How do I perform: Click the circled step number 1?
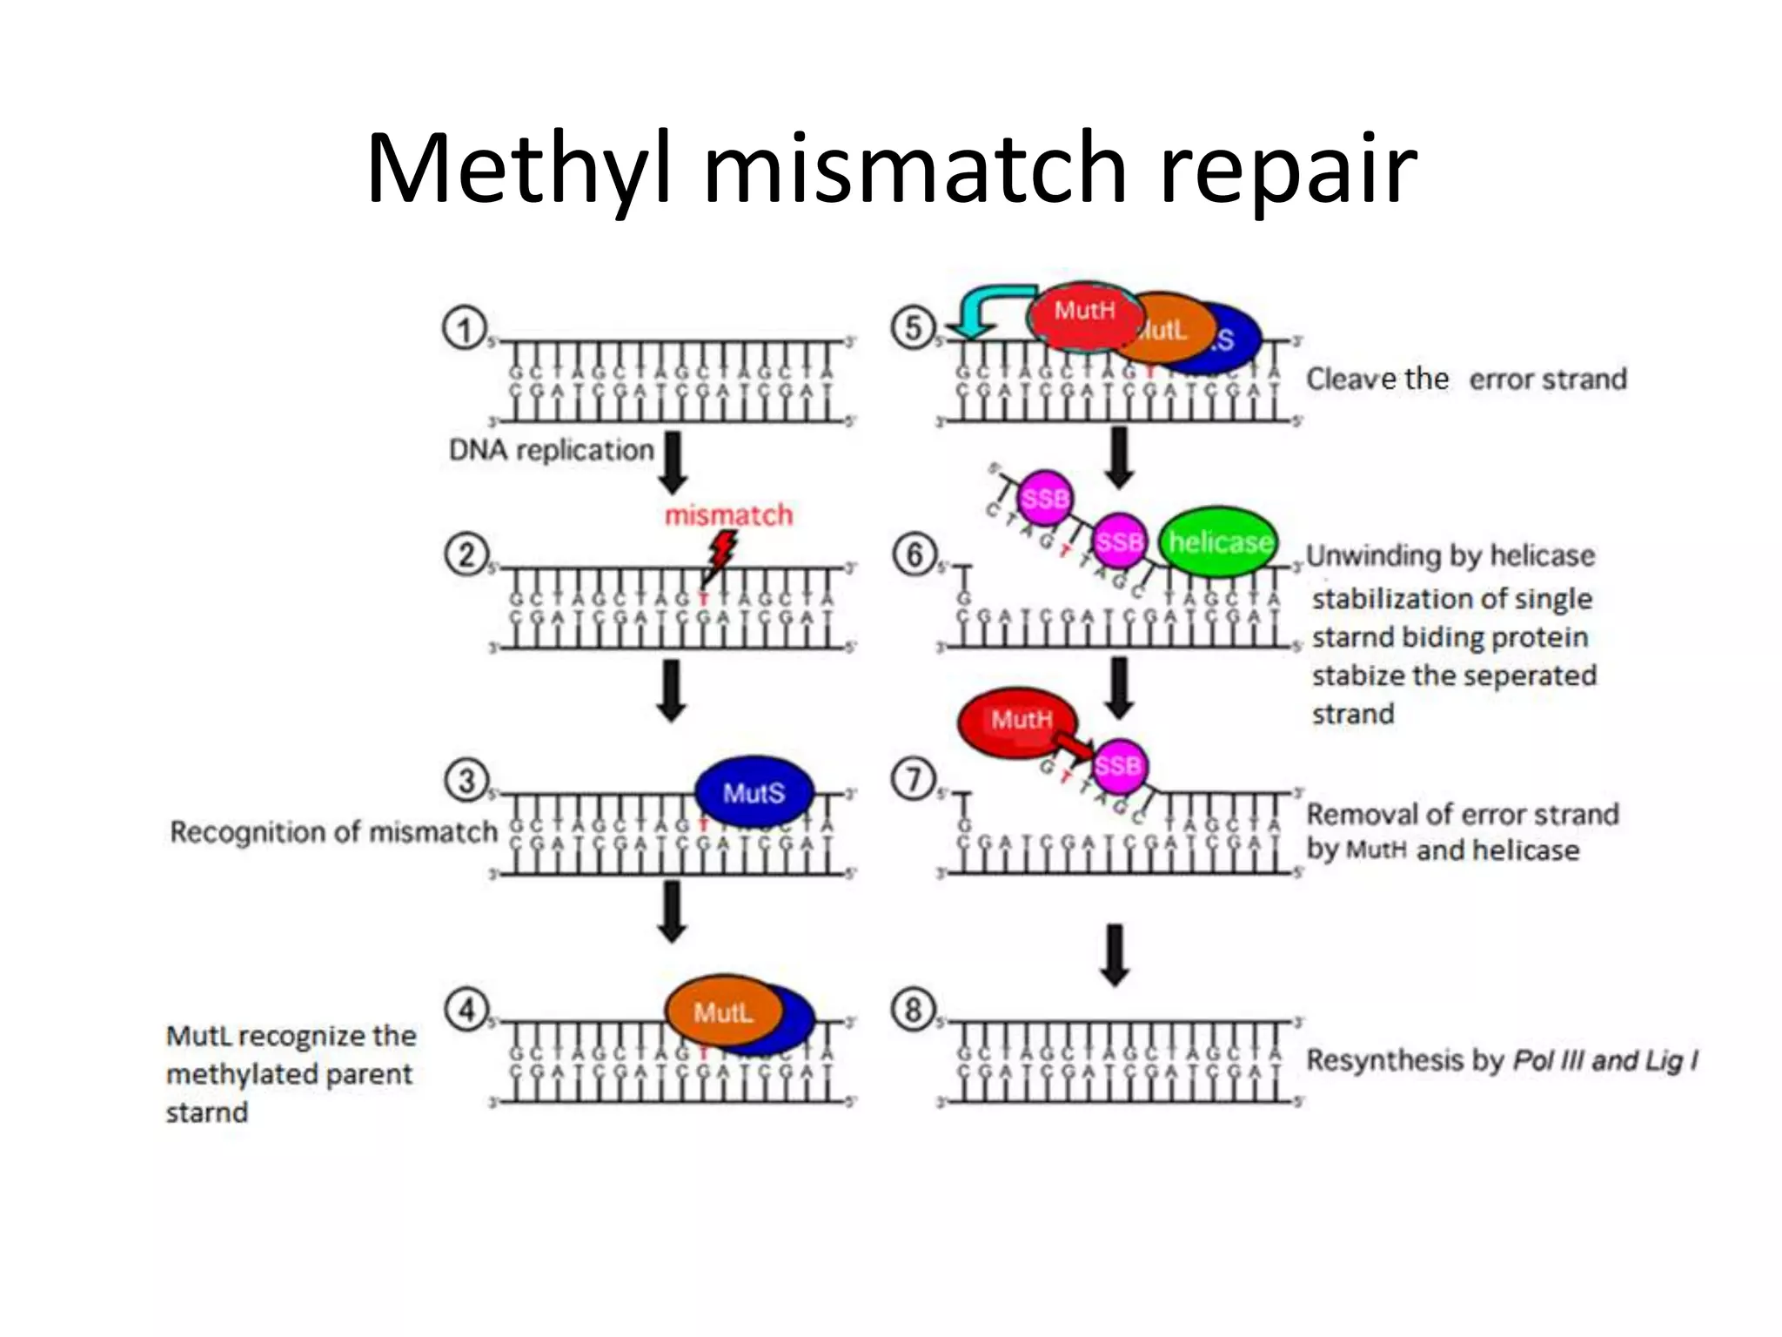pyautogui.click(x=465, y=329)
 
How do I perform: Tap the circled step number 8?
pyautogui.click(x=913, y=1010)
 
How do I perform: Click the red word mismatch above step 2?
pyautogui.click(x=728, y=514)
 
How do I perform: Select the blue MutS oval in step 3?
pyautogui.click(x=754, y=792)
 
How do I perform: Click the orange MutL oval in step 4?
pyautogui.click(x=721, y=1011)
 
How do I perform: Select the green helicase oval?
pyautogui.click(x=1219, y=542)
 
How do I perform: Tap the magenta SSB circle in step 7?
pyautogui.click(x=1118, y=765)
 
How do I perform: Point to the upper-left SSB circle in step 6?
pyautogui.click(x=1044, y=498)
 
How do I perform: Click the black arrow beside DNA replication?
pyautogui.click(x=673, y=461)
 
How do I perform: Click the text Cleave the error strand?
pyautogui.click(x=1466, y=379)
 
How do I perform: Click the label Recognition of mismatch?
pyautogui.click(x=333, y=831)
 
